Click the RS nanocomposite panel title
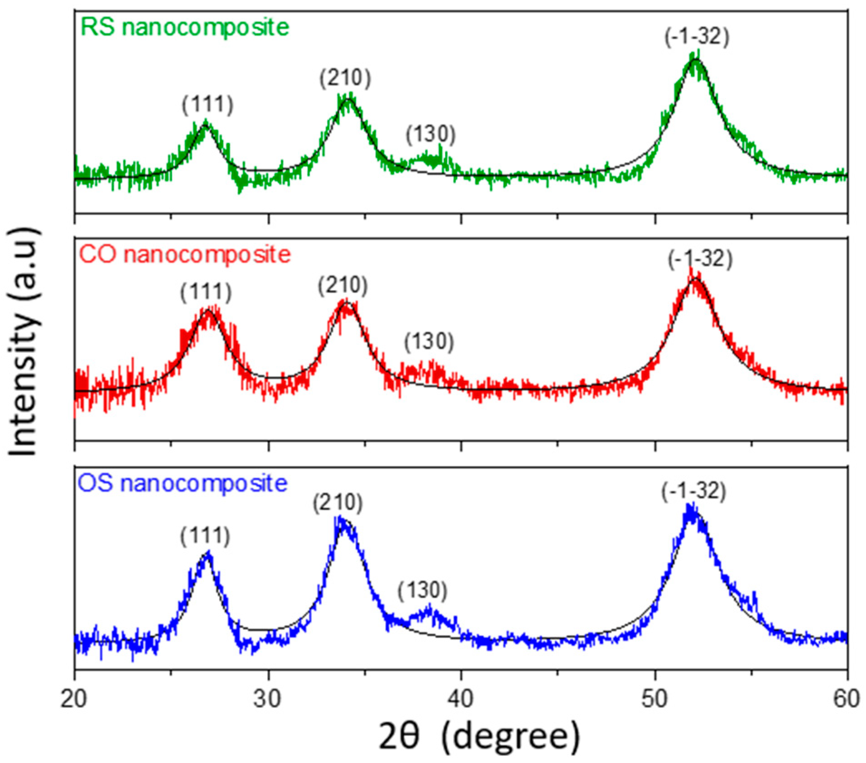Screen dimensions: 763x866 pos(185,27)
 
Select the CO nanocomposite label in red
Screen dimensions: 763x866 pos(185,254)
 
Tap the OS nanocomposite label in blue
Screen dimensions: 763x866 pos(183,483)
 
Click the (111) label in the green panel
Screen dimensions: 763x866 pos(207,105)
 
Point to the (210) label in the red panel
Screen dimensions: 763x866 pos(342,286)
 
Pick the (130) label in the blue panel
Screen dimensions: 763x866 pos(422,590)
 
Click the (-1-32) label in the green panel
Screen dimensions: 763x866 pos(697,37)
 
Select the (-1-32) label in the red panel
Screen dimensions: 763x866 pos(700,259)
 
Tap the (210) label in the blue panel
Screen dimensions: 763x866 pos(337,503)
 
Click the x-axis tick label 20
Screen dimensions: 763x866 pos(74,699)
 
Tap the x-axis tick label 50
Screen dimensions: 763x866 pos(654,699)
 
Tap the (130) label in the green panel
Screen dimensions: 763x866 pos(430,134)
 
